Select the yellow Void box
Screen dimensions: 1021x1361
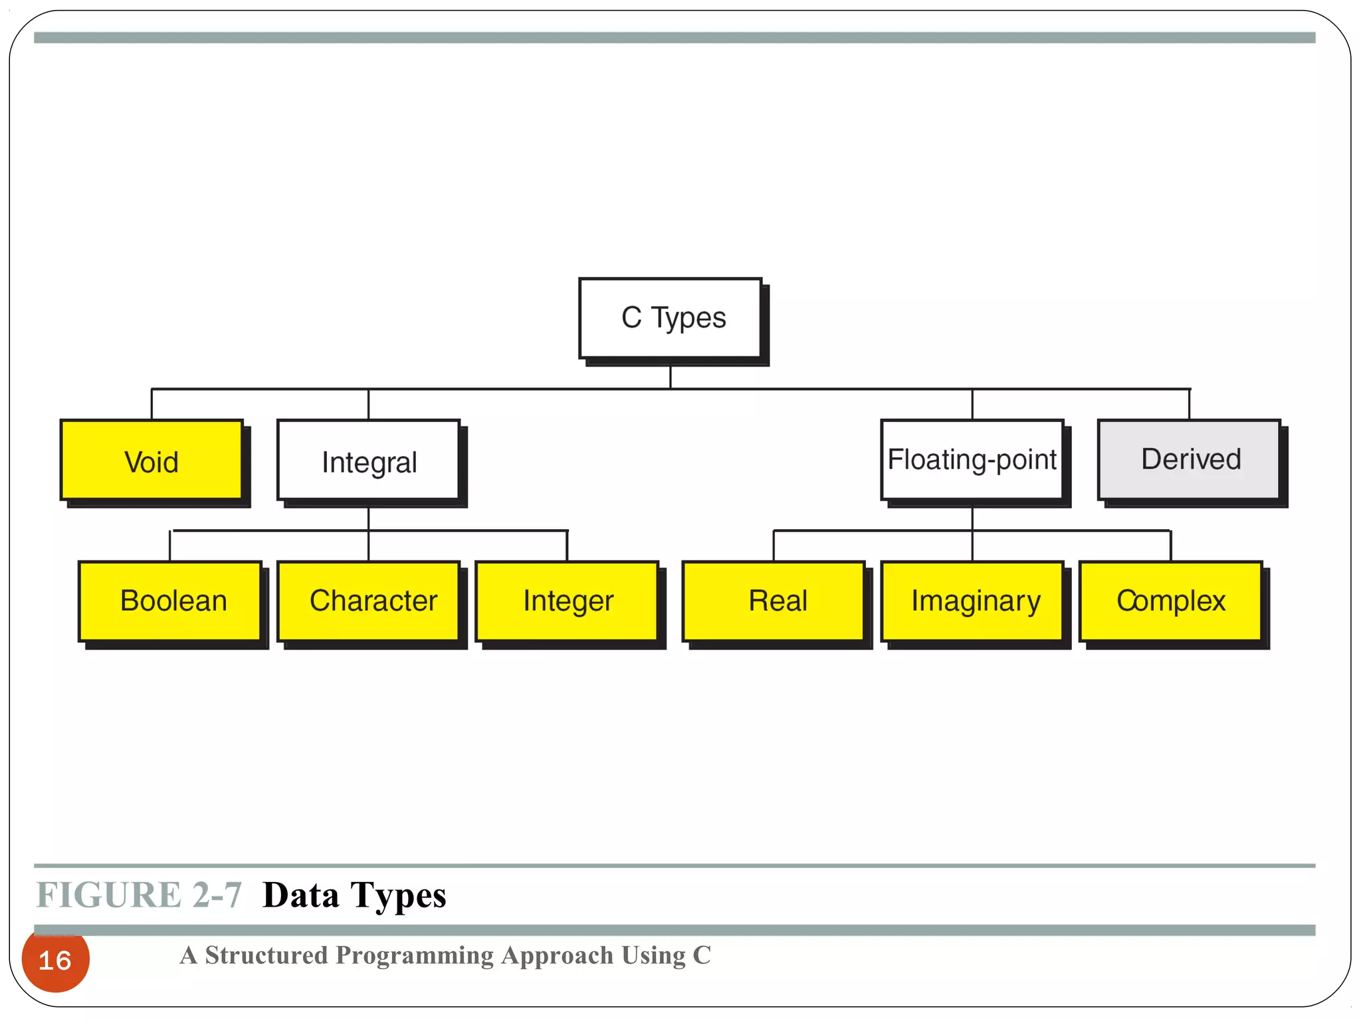click(152, 460)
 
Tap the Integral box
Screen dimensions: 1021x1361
click(368, 460)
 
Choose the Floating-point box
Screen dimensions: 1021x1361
click(972, 460)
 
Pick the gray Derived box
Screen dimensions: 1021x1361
click(1189, 460)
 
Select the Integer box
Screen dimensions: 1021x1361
click(567, 601)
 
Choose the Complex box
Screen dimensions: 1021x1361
click(1170, 601)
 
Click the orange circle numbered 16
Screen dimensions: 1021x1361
click(55, 960)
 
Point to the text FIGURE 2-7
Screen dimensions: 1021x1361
click(138, 895)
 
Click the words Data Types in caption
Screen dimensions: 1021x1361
click(354, 895)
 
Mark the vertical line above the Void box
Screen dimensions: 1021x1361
click(152, 404)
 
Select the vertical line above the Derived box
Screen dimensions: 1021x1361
click(1189, 404)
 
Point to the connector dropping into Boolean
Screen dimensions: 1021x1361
click(170, 546)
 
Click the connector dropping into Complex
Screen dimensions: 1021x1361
click(1170, 546)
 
